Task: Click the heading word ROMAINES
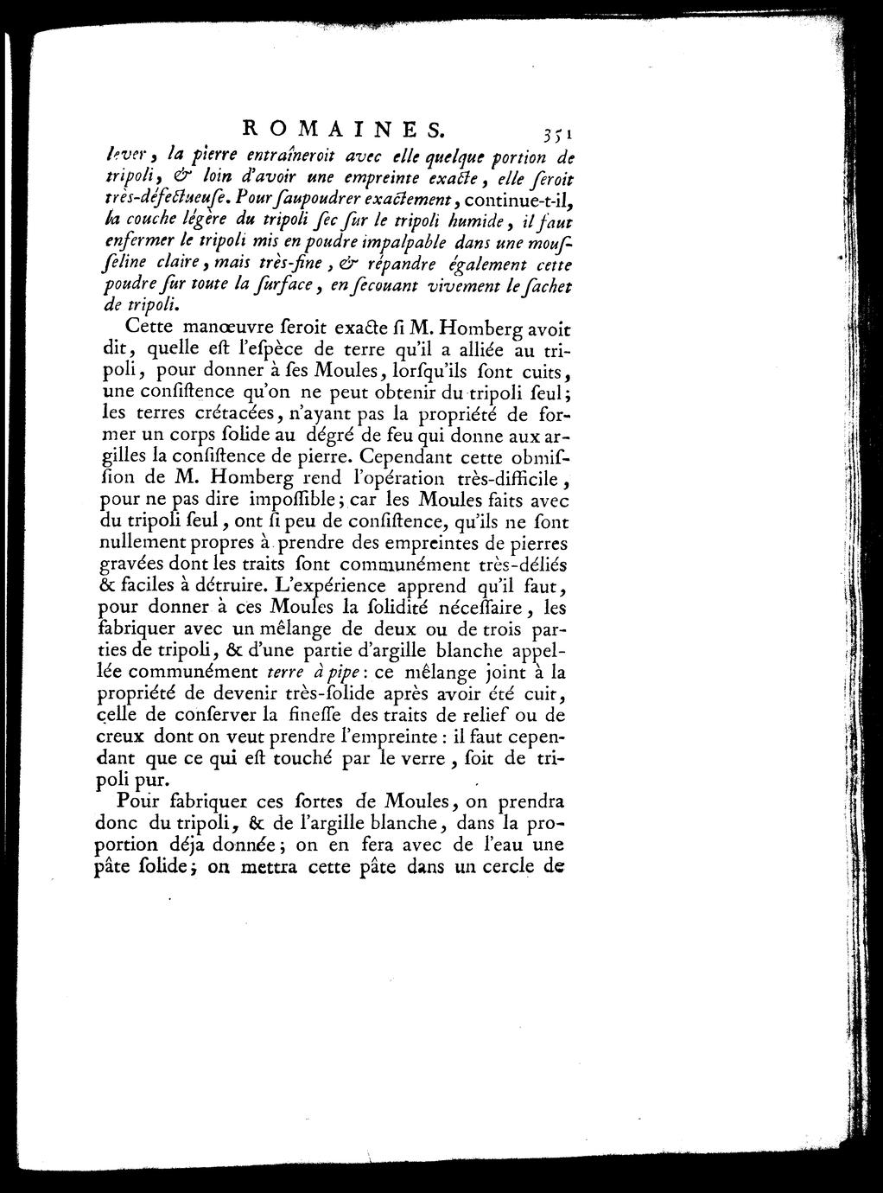click(342, 130)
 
